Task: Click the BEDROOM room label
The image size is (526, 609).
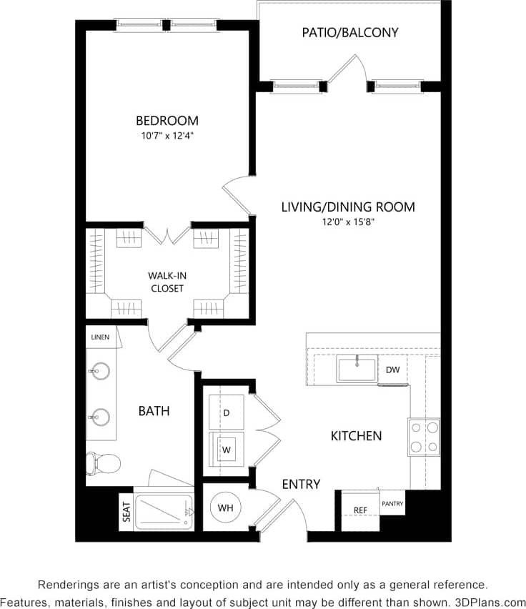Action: (167, 121)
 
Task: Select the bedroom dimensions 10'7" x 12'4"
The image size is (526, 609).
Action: (167, 135)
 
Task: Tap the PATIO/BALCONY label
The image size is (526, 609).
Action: (349, 32)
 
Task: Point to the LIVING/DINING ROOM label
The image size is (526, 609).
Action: (348, 207)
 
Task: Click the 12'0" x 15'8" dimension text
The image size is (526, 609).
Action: (348, 222)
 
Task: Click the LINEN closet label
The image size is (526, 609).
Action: (100, 337)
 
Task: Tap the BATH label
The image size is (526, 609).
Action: (154, 411)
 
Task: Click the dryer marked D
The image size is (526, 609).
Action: (226, 413)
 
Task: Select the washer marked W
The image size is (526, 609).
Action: (226, 450)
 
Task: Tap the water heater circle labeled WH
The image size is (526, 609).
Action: (225, 508)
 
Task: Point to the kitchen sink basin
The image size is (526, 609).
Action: (357, 369)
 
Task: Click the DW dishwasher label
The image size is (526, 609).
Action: (392, 370)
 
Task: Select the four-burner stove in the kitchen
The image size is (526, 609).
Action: (423, 437)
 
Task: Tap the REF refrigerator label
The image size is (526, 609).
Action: (360, 510)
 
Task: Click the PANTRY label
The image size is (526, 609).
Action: (392, 504)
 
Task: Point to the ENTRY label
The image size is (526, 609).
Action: (301, 484)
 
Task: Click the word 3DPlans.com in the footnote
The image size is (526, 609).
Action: (490, 601)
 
